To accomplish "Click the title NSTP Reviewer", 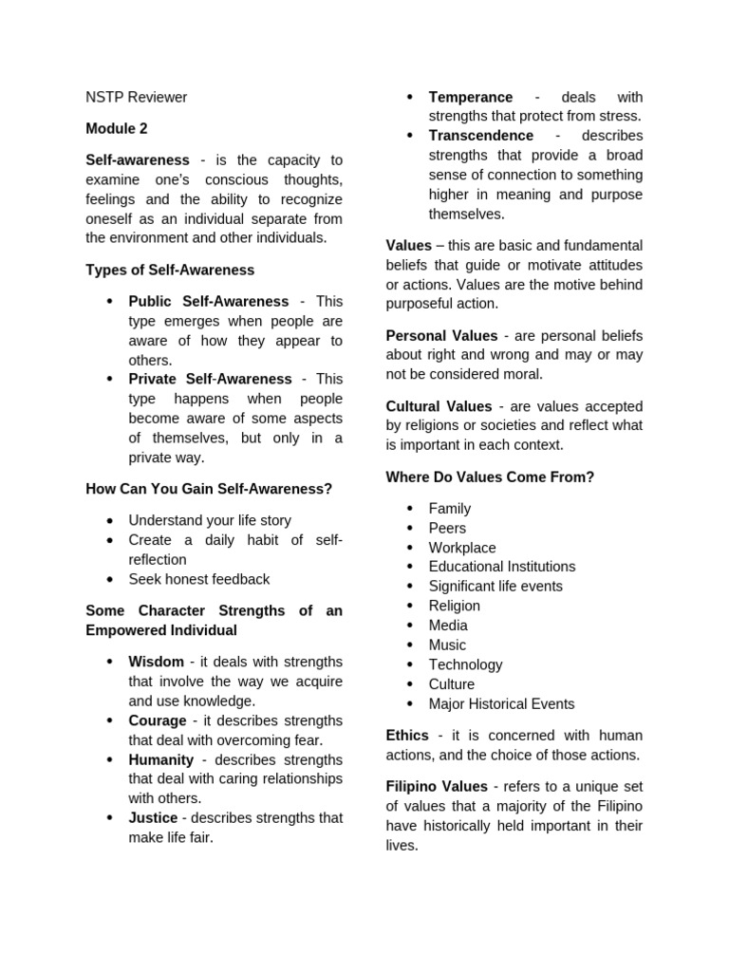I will [136, 97].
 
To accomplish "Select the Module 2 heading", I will [116, 128].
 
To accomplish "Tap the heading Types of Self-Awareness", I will [170, 270].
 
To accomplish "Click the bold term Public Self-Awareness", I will [208, 301].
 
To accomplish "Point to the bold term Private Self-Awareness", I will [210, 379].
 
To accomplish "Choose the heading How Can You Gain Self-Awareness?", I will [209, 489].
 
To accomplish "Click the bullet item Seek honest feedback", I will [198, 579].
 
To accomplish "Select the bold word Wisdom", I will [156, 662].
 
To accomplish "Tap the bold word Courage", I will [158, 720].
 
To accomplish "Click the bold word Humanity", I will [160, 759].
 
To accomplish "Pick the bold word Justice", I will [153, 817].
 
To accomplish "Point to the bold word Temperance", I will [470, 97].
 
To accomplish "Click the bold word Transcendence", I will [480, 136].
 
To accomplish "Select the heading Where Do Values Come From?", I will [490, 477].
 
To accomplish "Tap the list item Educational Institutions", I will [501, 567].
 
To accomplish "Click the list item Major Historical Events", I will [501, 703].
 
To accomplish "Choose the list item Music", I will [447, 645].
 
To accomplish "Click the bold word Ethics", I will [407, 736].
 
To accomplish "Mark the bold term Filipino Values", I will [437, 786].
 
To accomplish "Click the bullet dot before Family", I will [409, 509].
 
